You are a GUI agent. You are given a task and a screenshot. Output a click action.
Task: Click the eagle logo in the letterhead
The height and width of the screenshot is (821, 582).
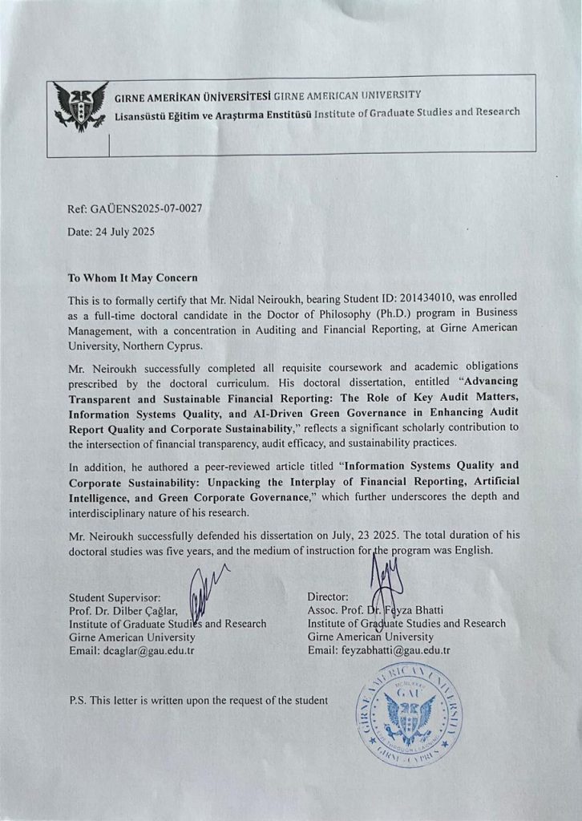[80, 104]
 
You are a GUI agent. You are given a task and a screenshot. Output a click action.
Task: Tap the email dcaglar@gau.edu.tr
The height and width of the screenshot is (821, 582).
[158, 649]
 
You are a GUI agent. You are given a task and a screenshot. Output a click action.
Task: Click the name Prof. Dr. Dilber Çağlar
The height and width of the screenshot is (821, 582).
[127, 610]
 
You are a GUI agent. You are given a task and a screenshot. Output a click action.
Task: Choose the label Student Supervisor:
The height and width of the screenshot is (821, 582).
[115, 597]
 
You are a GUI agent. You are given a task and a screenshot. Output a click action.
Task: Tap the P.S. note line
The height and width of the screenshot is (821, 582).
[199, 700]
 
